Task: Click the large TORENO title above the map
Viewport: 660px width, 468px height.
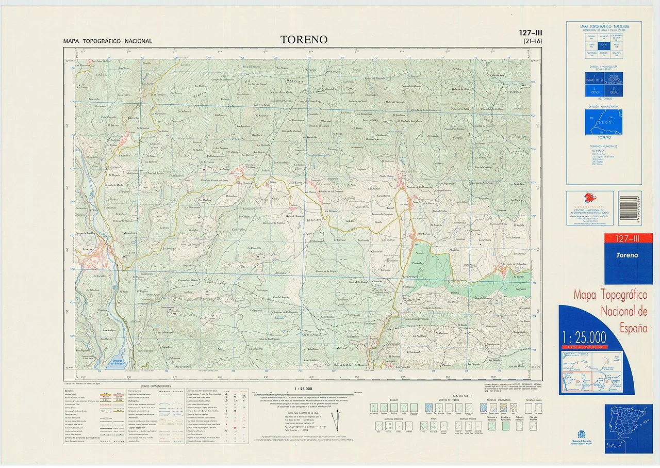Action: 304,40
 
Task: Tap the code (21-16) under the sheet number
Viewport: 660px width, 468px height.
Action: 533,41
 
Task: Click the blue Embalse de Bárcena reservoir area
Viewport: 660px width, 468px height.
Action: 117,356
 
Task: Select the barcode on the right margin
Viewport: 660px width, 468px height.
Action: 630,207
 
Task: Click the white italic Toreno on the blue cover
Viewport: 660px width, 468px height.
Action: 626,255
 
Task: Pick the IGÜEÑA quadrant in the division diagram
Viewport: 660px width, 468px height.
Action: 614,91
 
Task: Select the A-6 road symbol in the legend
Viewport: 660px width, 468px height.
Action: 105,394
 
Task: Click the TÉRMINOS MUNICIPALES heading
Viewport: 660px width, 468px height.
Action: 604,147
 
